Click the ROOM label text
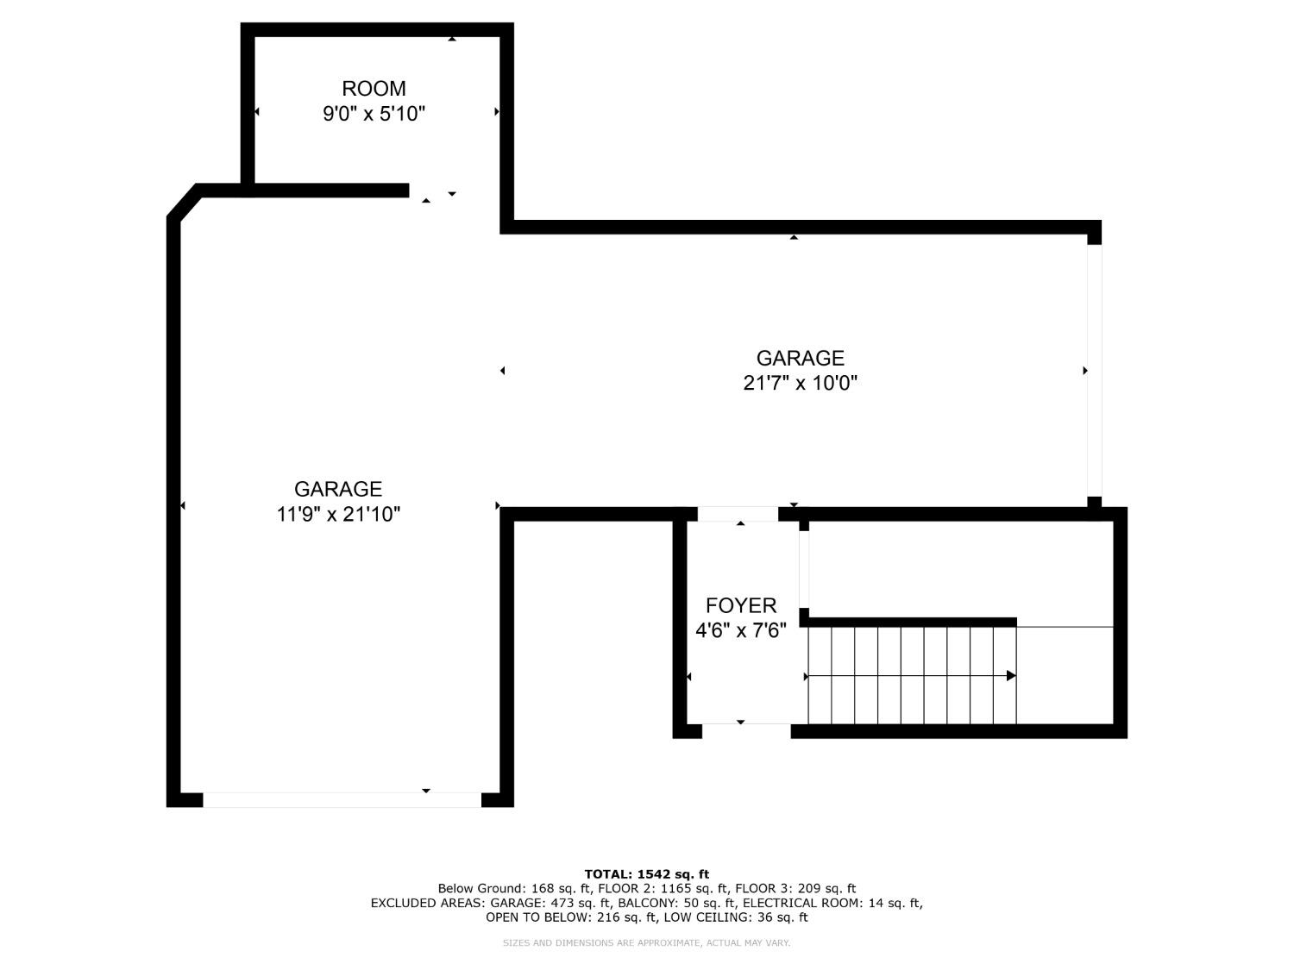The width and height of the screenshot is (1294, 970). (374, 89)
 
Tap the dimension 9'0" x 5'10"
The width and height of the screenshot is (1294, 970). (374, 114)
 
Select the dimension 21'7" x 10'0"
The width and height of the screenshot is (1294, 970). (800, 383)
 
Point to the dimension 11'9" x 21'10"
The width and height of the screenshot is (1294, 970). (338, 515)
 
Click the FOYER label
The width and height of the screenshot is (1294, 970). (741, 606)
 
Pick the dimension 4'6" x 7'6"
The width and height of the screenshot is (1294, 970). (741, 631)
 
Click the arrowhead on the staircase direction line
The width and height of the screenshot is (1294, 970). (1011, 676)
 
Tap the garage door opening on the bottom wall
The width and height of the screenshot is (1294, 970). (342, 800)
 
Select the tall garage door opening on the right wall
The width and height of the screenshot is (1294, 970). (1094, 371)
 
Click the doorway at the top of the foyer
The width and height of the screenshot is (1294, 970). (738, 515)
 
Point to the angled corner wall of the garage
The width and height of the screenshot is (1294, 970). (183, 202)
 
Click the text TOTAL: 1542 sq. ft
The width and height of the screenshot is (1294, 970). (646, 874)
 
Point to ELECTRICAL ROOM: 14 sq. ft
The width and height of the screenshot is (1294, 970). (832, 904)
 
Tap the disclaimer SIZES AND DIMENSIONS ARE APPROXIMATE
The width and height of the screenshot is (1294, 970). (603, 943)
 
